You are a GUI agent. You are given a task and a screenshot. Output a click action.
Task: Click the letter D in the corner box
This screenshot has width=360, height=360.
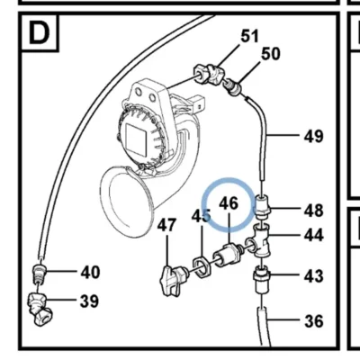39,33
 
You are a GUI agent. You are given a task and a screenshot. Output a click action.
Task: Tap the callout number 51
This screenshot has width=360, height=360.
249,36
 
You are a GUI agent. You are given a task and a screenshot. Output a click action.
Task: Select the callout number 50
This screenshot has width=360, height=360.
271,54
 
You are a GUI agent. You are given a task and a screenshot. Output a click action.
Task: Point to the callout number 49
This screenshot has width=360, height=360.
314,137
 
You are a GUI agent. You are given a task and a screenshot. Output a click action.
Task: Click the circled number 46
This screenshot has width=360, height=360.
229,203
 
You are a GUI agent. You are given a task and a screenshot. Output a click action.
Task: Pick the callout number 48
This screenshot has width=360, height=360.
314,211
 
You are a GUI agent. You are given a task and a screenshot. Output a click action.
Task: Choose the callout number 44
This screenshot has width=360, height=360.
314,235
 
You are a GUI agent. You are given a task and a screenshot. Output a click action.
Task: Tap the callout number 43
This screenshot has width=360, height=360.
314,276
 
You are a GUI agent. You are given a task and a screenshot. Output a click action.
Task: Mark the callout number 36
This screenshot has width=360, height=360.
314,321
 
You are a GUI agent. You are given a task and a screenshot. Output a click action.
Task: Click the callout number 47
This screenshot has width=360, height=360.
166,224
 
